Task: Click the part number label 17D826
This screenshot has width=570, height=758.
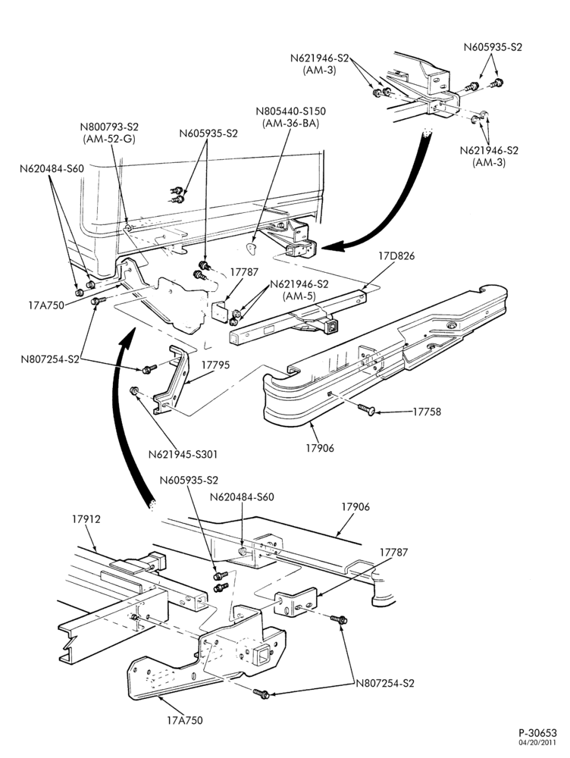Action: (x=396, y=255)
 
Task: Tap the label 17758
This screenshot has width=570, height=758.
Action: (x=427, y=412)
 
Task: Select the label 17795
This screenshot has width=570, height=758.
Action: (x=215, y=365)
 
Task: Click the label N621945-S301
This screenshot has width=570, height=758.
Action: (x=183, y=454)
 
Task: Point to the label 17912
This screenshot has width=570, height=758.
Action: (x=86, y=519)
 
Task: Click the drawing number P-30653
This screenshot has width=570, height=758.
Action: (x=538, y=733)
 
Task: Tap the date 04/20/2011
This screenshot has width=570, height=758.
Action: (x=539, y=742)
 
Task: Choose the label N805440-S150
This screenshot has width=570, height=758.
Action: (x=290, y=111)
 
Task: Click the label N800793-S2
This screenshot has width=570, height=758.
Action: (x=109, y=127)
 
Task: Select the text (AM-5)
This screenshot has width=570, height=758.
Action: (x=299, y=296)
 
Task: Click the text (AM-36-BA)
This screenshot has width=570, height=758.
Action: (x=290, y=124)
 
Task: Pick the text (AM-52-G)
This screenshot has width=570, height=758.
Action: (x=109, y=139)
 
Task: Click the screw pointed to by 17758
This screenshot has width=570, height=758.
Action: (x=366, y=410)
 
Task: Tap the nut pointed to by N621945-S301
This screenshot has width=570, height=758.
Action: (x=134, y=390)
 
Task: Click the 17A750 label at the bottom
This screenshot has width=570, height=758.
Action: (x=185, y=720)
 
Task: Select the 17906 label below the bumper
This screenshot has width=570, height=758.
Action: (x=320, y=448)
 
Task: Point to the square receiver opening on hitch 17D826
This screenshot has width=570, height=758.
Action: (x=333, y=327)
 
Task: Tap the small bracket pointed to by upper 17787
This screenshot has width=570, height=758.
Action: (x=221, y=312)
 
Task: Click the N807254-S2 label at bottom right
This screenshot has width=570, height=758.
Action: (x=385, y=684)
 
